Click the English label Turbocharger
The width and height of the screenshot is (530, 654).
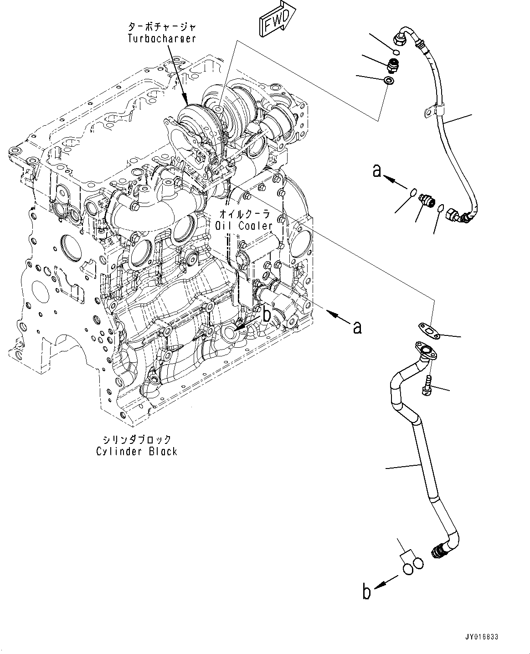click(162, 39)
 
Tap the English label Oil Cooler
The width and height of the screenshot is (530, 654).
click(244, 226)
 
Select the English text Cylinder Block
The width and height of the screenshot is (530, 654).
click(137, 451)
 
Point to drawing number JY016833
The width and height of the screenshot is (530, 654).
click(482, 637)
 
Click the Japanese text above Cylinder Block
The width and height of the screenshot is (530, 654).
click(137, 440)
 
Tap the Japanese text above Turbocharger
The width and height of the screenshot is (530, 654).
click(162, 27)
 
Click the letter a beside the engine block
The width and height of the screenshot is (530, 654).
click(357, 327)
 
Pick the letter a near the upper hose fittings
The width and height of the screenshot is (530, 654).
click(377, 171)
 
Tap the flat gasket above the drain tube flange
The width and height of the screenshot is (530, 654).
click(429, 331)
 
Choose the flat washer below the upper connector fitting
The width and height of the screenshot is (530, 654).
click(389, 81)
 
